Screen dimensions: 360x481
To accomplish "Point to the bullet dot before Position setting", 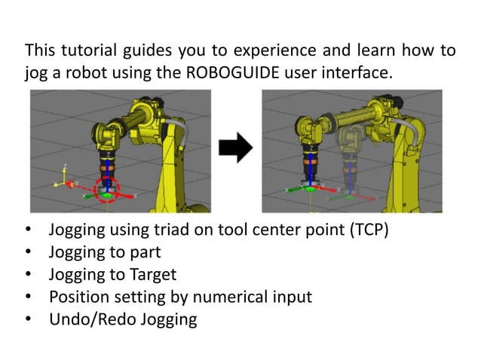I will point(29,297).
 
